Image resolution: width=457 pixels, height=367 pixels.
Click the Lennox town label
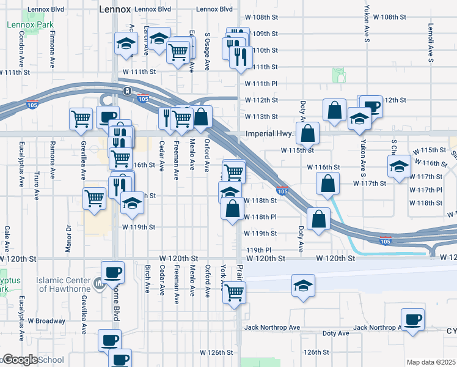coord(114,10)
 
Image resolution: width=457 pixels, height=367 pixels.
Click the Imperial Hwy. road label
coord(270,133)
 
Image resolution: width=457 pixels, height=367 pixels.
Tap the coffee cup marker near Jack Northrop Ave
coord(412,319)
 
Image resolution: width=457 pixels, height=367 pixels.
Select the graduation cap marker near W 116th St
coord(398,166)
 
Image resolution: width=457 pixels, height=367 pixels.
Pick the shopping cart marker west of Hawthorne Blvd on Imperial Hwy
coord(81,118)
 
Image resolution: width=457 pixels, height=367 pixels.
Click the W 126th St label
coord(217,353)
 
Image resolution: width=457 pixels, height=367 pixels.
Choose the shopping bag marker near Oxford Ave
coord(202,116)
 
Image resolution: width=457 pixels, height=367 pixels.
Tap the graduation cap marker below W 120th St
coord(302,286)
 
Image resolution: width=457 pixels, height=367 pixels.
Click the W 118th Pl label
coord(260,217)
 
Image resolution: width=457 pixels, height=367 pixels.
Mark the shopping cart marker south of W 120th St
coord(233,292)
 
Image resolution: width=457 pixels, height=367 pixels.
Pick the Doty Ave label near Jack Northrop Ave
coord(335,333)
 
